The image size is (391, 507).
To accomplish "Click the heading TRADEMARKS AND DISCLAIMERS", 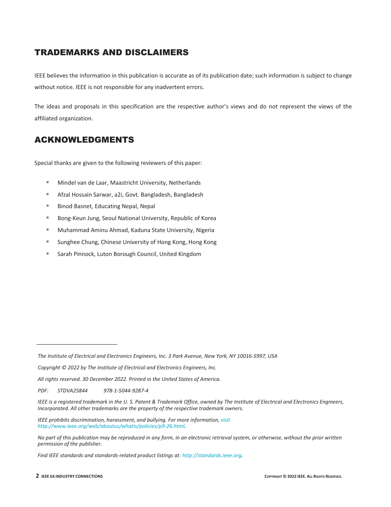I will point(111,52).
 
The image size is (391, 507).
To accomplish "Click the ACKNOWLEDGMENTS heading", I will point(84,140).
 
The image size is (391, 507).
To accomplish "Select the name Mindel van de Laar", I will point(82,183).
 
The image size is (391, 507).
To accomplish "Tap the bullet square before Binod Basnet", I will point(48,205).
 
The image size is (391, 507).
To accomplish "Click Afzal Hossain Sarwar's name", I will point(84,195).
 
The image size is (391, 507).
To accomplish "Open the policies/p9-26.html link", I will point(111,426).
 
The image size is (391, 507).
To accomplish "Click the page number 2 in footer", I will point(37,476).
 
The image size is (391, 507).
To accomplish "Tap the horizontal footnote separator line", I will point(77,344).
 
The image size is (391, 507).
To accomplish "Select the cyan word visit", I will point(226,420).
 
